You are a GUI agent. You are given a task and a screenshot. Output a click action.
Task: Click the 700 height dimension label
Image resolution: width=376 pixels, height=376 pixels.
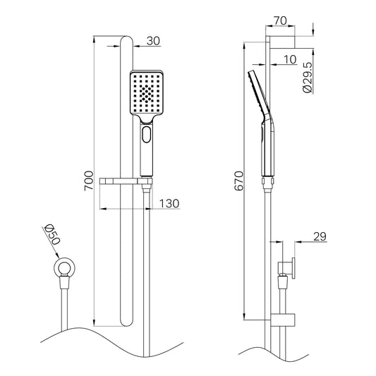tap(89, 181)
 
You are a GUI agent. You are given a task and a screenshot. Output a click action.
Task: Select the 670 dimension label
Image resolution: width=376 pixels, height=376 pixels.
tap(239, 181)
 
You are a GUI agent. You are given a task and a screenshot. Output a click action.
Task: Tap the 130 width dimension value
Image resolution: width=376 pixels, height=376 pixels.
tap(169, 204)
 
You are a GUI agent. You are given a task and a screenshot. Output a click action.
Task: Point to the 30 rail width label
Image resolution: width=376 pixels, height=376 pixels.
tap(153, 41)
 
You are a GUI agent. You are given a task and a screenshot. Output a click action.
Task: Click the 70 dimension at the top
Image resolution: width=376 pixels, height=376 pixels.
tap(280, 20)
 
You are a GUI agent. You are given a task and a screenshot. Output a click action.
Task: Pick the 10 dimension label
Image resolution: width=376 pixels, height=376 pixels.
tap(290, 59)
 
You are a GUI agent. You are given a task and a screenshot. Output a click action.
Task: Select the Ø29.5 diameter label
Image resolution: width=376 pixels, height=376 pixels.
tap(308, 77)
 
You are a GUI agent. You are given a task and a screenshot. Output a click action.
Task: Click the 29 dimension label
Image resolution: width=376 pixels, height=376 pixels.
tap(320, 236)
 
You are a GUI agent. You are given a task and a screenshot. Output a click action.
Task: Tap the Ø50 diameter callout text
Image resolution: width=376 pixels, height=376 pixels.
tap(52, 235)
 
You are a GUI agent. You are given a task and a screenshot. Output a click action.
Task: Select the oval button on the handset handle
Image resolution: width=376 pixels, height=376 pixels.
tap(147, 135)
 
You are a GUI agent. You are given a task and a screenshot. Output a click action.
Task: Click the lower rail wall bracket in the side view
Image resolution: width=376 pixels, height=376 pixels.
tap(283, 320)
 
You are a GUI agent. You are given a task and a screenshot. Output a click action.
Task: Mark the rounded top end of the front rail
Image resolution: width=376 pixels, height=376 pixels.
tap(126, 38)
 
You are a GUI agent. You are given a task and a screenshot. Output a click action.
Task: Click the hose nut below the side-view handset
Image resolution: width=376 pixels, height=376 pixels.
tap(268, 183)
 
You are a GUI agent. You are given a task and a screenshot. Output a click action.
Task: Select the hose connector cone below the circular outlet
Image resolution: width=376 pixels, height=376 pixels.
tap(64, 281)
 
